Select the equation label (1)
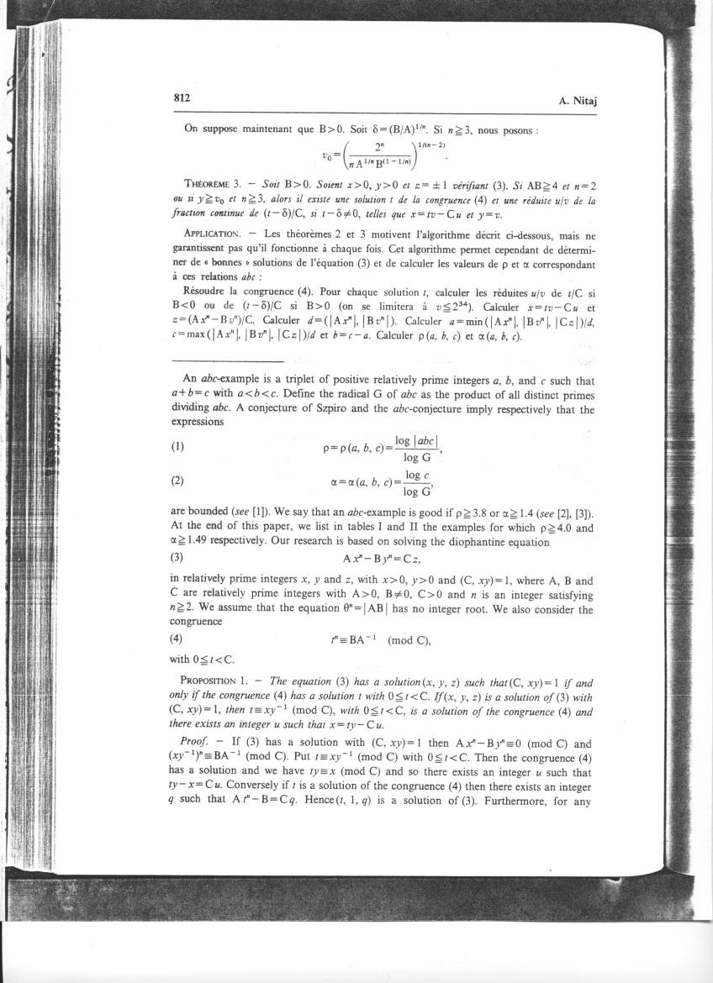pyautogui.click(x=177, y=447)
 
